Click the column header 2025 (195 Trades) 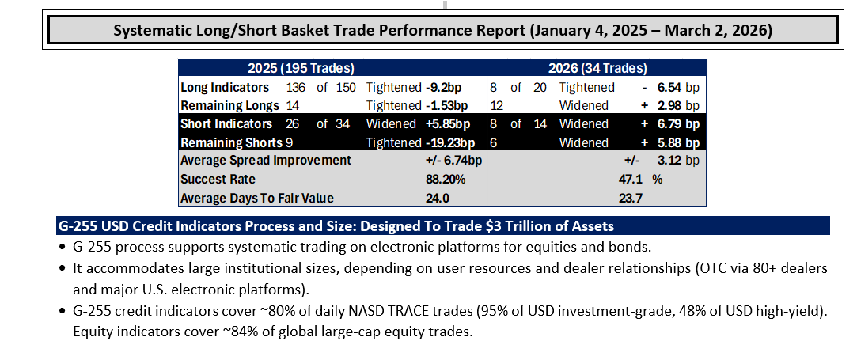pyautogui.click(x=301, y=68)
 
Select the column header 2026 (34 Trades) pyautogui.click(x=598, y=68)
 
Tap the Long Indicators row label pyautogui.click(x=225, y=87)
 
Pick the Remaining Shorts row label pyautogui.click(x=231, y=142)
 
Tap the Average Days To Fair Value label pyautogui.click(x=257, y=198)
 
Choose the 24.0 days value pyautogui.click(x=438, y=198)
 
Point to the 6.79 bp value pyautogui.click(x=678, y=124)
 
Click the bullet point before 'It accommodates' pyautogui.click(x=63, y=269)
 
